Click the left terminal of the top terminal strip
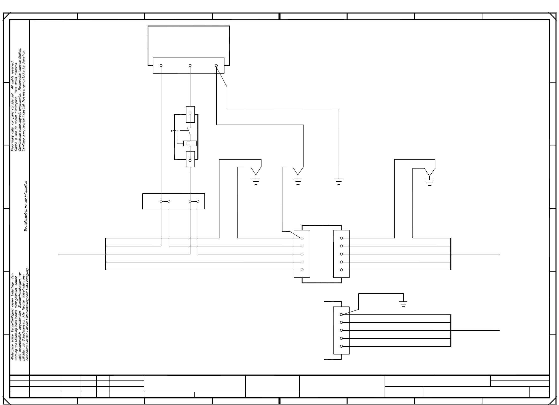(161, 66)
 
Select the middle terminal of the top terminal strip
(190, 66)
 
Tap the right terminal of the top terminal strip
(216, 66)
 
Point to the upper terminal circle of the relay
(190, 113)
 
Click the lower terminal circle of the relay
(190, 160)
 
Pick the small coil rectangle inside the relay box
(190, 143)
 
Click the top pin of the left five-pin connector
(302, 238)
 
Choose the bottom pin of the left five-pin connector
(302, 270)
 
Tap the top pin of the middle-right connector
(341, 238)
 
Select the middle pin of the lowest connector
(341, 330)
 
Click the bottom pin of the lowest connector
(341, 346)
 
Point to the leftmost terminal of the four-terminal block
(161, 201)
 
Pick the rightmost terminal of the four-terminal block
(198, 201)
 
